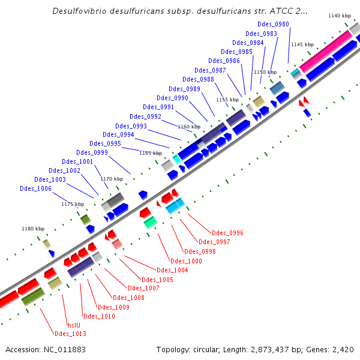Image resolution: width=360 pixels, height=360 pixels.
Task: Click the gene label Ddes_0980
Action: (x=273, y=24)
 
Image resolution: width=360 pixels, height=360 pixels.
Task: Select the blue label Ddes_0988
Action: (x=198, y=79)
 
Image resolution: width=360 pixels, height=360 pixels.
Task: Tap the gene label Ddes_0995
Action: (x=105, y=143)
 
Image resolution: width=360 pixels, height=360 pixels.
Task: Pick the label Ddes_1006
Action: (x=35, y=188)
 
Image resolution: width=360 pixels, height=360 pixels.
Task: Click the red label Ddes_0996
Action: (x=227, y=233)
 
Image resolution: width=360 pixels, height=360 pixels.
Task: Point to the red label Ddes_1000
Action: (x=186, y=261)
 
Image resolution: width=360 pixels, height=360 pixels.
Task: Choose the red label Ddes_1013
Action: (x=70, y=334)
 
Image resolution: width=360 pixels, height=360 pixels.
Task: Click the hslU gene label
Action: (x=74, y=325)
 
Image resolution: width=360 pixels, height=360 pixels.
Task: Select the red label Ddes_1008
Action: (x=128, y=298)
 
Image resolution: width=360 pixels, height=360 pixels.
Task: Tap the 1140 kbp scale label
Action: (x=340, y=15)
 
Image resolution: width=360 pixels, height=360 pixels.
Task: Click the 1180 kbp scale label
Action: (x=33, y=229)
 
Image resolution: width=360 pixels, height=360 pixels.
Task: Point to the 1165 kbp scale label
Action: (x=151, y=153)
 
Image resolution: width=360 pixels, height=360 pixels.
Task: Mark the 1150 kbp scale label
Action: (x=265, y=72)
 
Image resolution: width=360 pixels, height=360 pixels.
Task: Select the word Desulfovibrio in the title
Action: (x=79, y=11)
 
